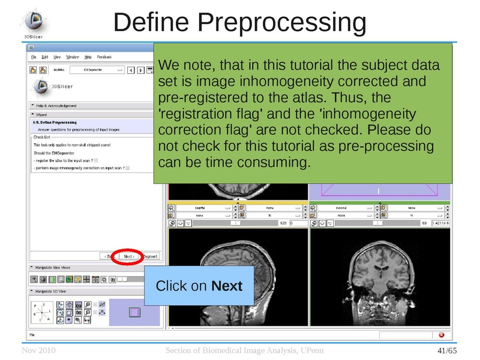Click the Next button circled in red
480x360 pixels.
coord(128,256)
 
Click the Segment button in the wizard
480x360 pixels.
coord(150,256)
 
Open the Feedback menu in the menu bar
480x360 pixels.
coord(104,57)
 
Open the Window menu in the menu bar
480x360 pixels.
coord(73,57)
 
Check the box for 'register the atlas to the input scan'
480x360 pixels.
coord(96,160)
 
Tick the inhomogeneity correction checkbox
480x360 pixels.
coord(127,168)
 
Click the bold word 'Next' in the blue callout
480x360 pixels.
coord(227,286)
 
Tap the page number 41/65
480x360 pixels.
coord(447,350)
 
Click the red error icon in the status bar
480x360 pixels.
coord(442,335)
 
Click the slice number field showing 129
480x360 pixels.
coord(281,223)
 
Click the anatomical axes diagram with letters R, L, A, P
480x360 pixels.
coord(41,313)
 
